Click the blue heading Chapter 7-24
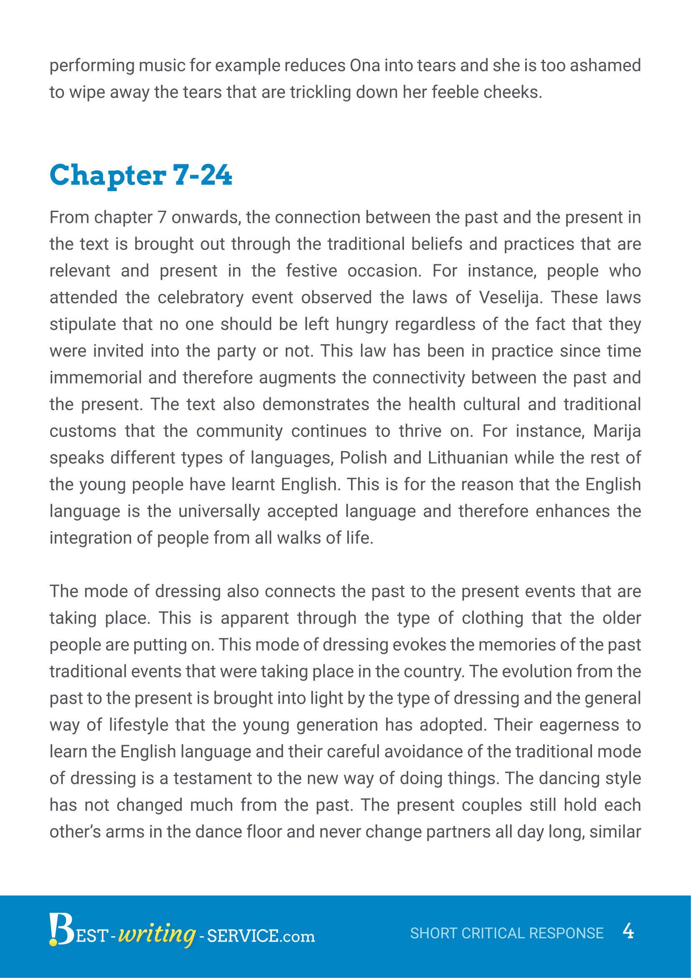[141, 175]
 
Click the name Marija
[617, 431]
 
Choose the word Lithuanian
[467, 458]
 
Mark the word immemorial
[96, 378]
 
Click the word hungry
[362, 324]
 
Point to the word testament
[213, 779]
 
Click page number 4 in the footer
[628, 931]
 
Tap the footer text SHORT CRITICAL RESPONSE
[506, 933]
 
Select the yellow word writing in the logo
[156, 934]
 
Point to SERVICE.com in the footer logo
[260, 936]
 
